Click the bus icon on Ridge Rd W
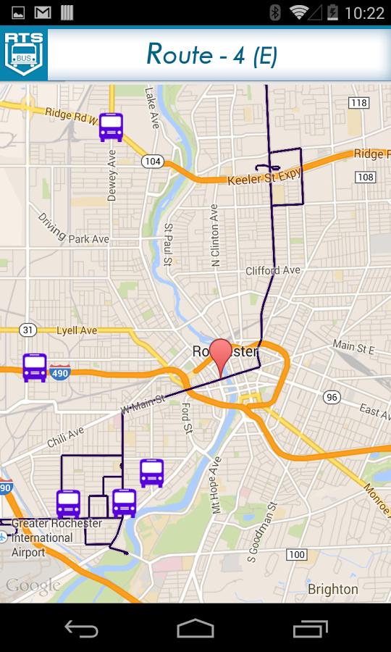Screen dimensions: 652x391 click(x=111, y=128)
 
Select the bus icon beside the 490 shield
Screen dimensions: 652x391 click(x=35, y=368)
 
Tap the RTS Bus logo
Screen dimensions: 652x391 click(x=24, y=54)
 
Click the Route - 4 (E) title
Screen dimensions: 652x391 click(x=211, y=54)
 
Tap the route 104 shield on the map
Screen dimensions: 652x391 click(x=152, y=161)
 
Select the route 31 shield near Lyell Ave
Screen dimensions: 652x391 click(x=28, y=330)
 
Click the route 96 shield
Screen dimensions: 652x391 click(x=332, y=396)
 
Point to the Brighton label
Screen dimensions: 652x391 click(x=332, y=588)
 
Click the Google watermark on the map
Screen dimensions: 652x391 click(x=33, y=585)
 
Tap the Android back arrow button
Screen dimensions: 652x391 click(x=80, y=628)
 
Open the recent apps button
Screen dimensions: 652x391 click(x=310, y=628)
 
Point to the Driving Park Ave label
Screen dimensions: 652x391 click(x=73, y=228)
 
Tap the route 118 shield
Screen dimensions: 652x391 click(x=358, y=103)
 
